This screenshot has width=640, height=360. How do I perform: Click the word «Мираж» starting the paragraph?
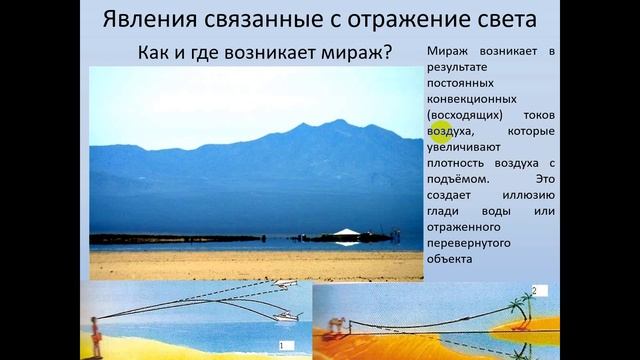pyautogui.click(x=447, y=49)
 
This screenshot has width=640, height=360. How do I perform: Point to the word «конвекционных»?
pyautogui.click(x=470, y=100)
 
